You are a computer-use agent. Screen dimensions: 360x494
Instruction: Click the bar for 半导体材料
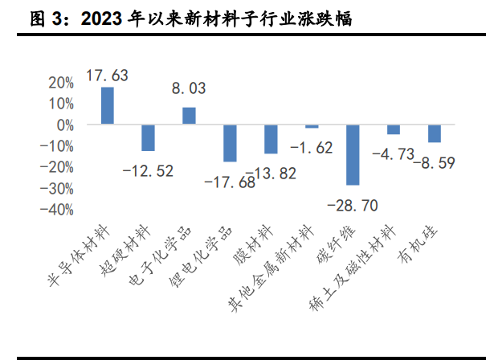pos(108,105)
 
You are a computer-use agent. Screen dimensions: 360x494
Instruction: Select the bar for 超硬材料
pos(149,137)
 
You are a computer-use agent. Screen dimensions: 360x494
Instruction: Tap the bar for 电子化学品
pos(189,116)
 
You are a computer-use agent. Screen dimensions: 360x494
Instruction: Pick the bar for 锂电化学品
pos(230,143)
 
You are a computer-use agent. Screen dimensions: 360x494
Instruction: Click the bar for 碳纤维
pos(352,154)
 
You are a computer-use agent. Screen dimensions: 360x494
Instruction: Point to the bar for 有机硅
pos(434,133)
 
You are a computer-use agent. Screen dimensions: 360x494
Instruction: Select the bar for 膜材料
pos(271,139)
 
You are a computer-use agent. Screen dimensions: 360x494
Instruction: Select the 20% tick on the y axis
pos(62,83)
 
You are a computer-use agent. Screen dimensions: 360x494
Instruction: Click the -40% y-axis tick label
pos(59,209)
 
